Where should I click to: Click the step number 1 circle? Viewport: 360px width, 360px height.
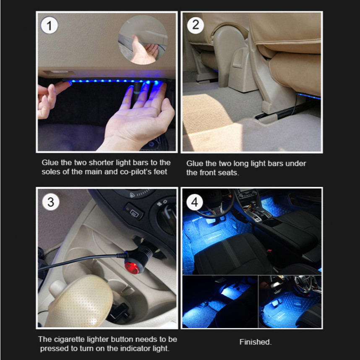(x=50, y=26)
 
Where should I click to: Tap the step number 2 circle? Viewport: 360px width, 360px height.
(x=196, y=25)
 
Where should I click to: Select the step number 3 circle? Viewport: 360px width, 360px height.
(x=50, y=202)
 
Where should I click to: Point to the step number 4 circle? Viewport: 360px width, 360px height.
(x=194, y=202)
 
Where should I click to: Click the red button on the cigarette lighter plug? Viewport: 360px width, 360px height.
(x=132, y=268)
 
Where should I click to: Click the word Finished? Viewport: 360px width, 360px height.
(x=255, y=342)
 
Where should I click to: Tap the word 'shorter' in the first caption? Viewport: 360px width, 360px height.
(x=101, y=162)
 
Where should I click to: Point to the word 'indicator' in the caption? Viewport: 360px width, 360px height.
(x=136, y=349)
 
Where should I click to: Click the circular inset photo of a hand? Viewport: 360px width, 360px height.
(x=143, y=40)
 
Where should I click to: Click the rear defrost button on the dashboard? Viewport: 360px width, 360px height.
(x=134, y=212)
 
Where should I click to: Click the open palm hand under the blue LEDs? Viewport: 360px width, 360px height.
(x=137, y=117)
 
